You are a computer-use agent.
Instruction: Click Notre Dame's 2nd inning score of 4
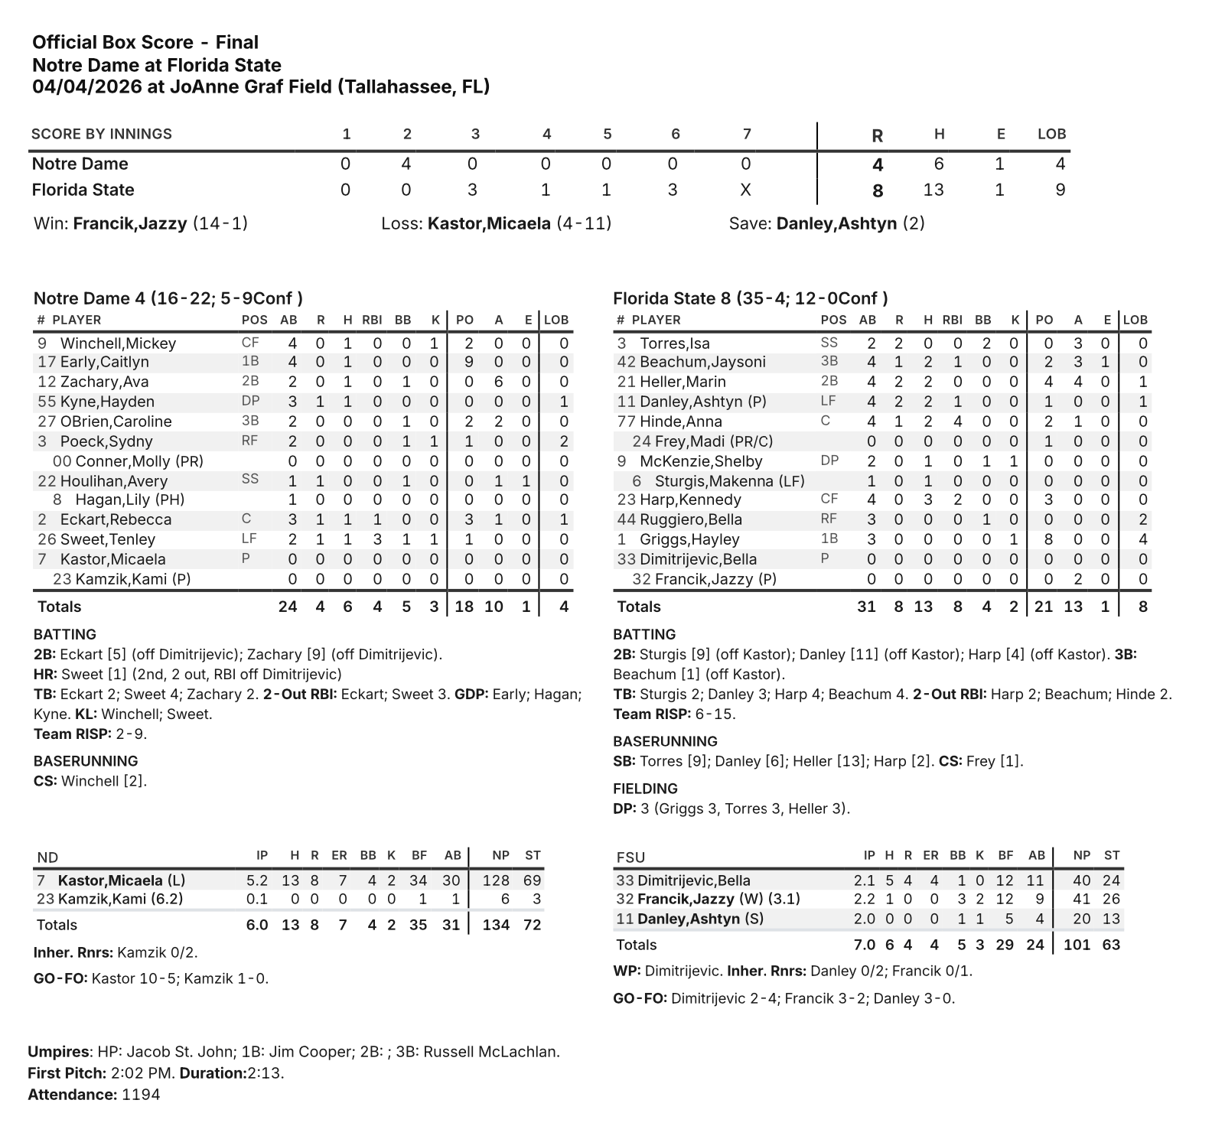(x=406, y=164)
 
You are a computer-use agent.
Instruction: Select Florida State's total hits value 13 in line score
(x=933, y=190)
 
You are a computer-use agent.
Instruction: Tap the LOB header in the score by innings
(x=1051, y=134)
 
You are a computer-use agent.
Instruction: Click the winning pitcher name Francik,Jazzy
(x=130, y=223)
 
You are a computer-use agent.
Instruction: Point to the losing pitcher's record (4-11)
(x=584, y=223)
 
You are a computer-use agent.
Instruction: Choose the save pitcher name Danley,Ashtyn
(x=836, y=223)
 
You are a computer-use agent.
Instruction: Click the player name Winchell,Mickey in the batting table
(x=118, y=343)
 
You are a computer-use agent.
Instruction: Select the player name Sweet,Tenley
(x=108, y=539)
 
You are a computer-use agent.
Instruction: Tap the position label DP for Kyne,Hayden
(x=250, y=401)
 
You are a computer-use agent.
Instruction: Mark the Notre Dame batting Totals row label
(x=60, y=607)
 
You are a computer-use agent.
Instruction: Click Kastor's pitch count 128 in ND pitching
(x=497, y=880)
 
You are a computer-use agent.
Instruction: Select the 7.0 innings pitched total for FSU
(x=864, y=945)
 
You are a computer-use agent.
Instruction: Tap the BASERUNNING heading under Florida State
(x=665, y=741)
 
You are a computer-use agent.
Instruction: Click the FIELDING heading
(x=645, y=789)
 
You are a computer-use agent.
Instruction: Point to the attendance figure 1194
(x=141, y=1095)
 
